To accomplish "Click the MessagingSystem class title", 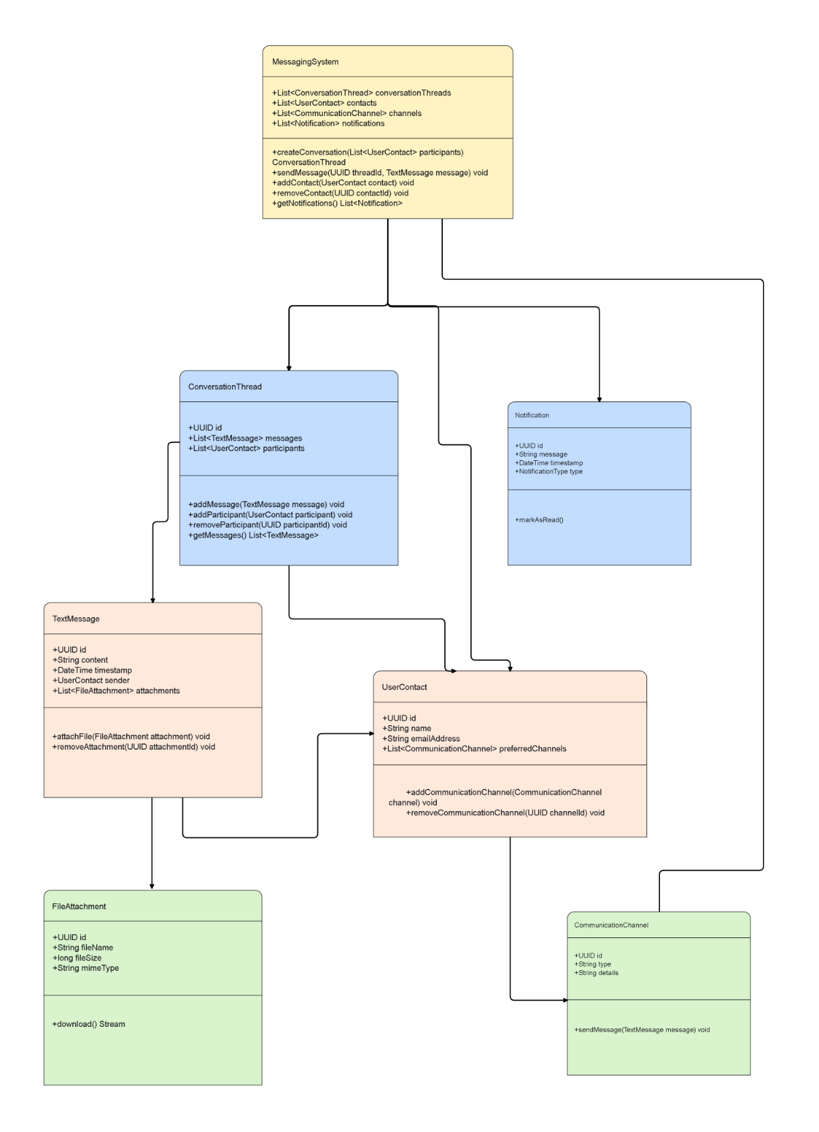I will tap(305, 62).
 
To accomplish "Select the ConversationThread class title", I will tap(225, 387).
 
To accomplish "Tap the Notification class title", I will tap(532, 415).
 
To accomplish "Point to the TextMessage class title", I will tap(76, 619).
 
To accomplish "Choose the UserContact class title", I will tap(404, 688).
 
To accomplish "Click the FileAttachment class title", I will tap(79, 907).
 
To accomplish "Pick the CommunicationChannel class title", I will tap(611, 925).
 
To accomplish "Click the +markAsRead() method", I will tap(538, 520).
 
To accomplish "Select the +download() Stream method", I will tap(89, 1024).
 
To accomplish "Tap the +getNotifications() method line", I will tap(337, 203).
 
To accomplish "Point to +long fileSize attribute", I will tap(76, 958).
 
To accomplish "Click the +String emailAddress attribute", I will tap(421, 739).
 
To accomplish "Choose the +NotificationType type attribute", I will tap(549, 472).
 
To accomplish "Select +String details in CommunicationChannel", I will tap(597, 973).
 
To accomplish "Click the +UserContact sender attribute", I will tap(91, 681).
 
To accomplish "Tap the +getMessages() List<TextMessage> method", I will tap(253, 535).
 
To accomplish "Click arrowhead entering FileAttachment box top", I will tap(152, 886).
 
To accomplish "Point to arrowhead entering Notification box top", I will tap(599, 399).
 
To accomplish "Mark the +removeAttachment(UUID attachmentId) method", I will tap(134, 747).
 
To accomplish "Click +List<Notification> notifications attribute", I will tap(328, 124).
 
